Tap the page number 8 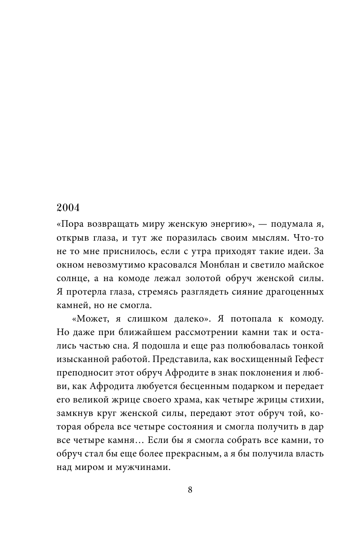click(190, 489)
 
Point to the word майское click(300, 266)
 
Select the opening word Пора click(71, 225)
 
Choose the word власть click(310, 454)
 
